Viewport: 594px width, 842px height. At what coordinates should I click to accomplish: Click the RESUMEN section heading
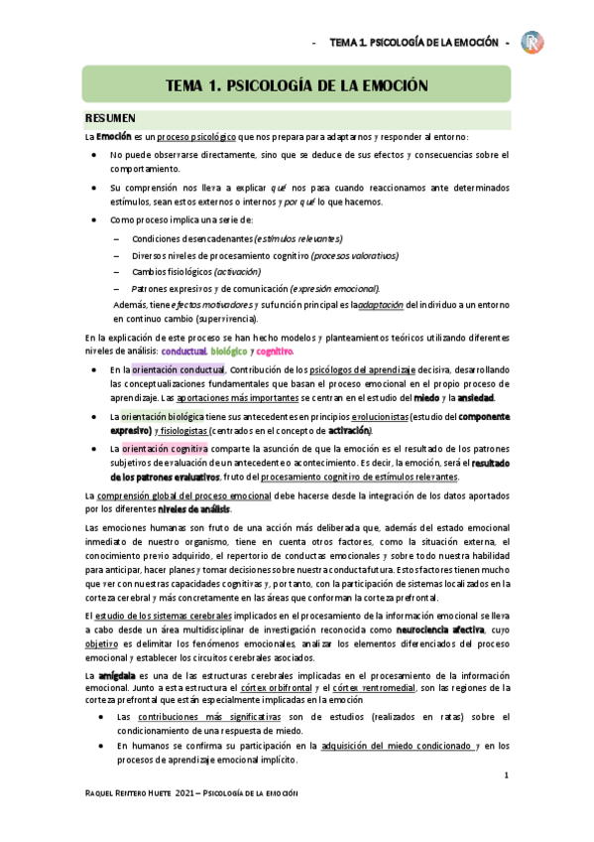click(117, 118)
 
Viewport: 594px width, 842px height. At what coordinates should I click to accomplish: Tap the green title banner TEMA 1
click(297, 85)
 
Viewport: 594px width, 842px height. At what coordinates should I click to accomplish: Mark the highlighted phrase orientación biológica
click(161, 417)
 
